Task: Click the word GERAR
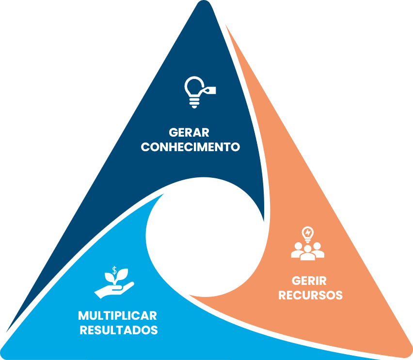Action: coord(189,132)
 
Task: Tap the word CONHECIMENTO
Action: coord(190,147)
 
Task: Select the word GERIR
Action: coord(309,281)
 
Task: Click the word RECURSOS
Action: coord(310,295)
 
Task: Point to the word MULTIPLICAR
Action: coord(117,316)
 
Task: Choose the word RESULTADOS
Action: coord(119,330)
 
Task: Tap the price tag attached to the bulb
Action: coord(209,90)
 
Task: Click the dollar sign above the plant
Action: coord(114,270)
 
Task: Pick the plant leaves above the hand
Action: coord(117,277)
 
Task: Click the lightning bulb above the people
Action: coord(308,235)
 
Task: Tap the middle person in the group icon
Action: coord(308,253)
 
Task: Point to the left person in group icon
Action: coord(298,250)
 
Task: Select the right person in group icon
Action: coord(318,250)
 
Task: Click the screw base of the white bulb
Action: coord(194,103)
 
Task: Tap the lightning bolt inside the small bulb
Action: coord(308,233)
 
